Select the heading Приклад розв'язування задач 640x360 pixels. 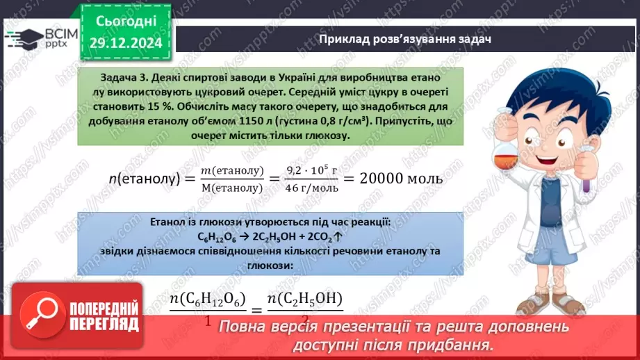click(404, 39)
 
